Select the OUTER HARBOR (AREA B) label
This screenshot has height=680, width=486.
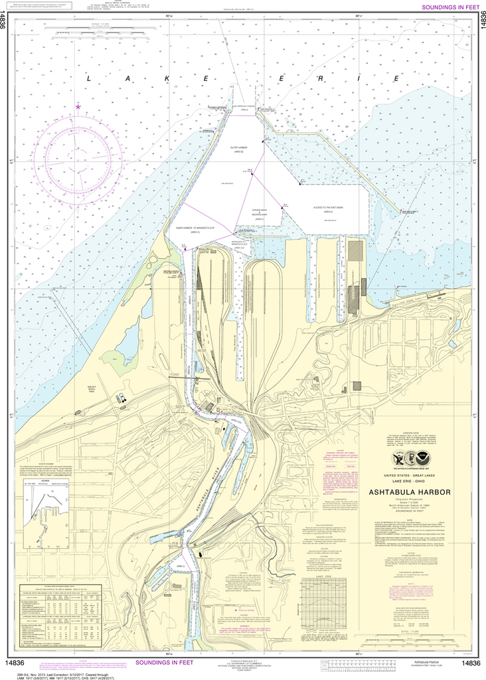click(x=238, y=149)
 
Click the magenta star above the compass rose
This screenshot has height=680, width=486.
click(x=78, y=106)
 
